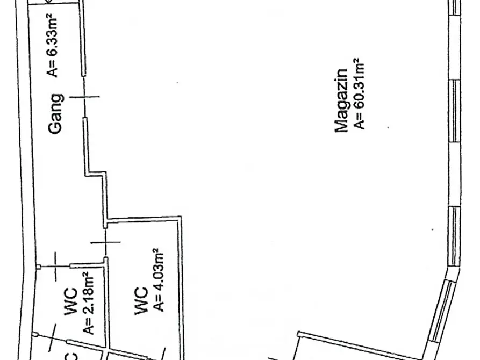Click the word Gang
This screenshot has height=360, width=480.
pos(56,114)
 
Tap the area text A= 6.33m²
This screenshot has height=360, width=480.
pos(52,45)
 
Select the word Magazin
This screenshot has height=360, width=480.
pos(342,100)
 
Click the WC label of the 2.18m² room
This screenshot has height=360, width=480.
pos(71,301)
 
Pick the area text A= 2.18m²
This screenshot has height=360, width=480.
pos(88,303)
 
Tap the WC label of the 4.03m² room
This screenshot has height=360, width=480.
pos(141,300)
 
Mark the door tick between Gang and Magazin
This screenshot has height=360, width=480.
pos(84,97)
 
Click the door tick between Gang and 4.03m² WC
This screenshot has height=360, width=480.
pos(105,242)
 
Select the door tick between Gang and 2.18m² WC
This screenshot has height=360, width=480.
pos(55,267)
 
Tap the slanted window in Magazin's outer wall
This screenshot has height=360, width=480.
pos(440,311)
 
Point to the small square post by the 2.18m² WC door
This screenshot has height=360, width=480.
pos(38,267)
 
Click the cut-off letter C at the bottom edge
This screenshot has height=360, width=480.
pos(71,357)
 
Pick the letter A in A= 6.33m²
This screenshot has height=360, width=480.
pos(52,72)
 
